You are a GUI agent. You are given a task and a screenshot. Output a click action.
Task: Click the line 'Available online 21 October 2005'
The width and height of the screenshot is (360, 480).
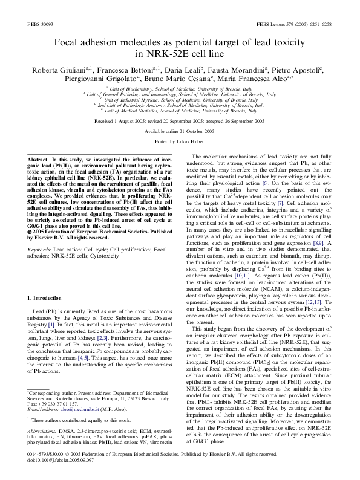180,131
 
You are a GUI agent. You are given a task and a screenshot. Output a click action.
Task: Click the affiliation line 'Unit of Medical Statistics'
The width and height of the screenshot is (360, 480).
180,111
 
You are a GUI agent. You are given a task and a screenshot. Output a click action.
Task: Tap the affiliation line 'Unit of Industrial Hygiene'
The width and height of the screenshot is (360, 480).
180,100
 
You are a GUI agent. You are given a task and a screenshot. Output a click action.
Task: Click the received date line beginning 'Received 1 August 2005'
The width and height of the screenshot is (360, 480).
180,122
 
